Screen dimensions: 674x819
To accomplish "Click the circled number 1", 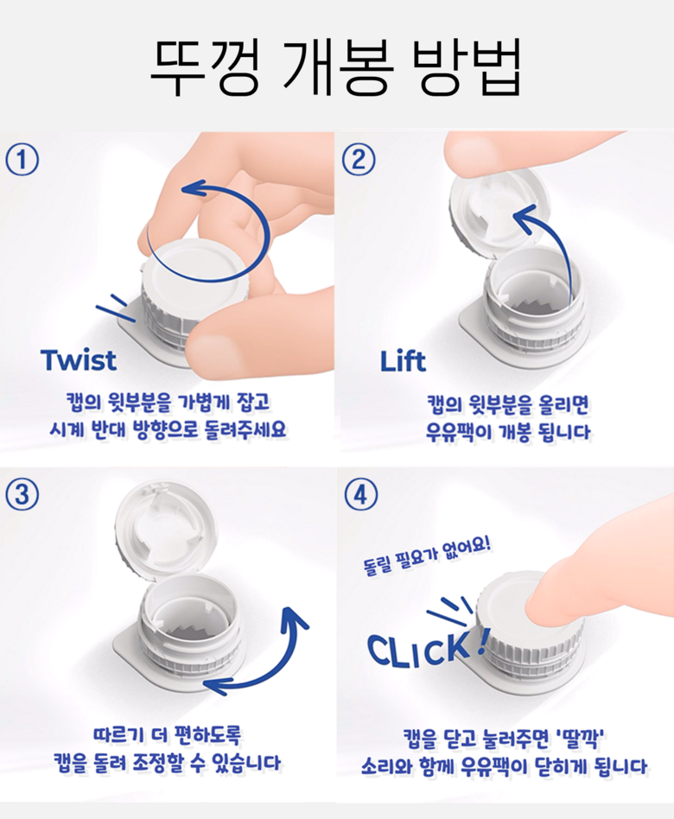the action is point(22,160).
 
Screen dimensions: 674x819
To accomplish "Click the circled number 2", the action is point(359,159).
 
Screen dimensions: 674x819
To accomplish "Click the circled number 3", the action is point(22,494).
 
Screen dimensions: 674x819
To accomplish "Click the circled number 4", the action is point(360,494).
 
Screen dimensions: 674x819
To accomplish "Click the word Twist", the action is point(79,360).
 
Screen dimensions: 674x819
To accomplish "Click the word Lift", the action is point(403,361).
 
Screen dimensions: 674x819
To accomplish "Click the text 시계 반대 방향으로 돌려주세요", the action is point(168,429).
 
